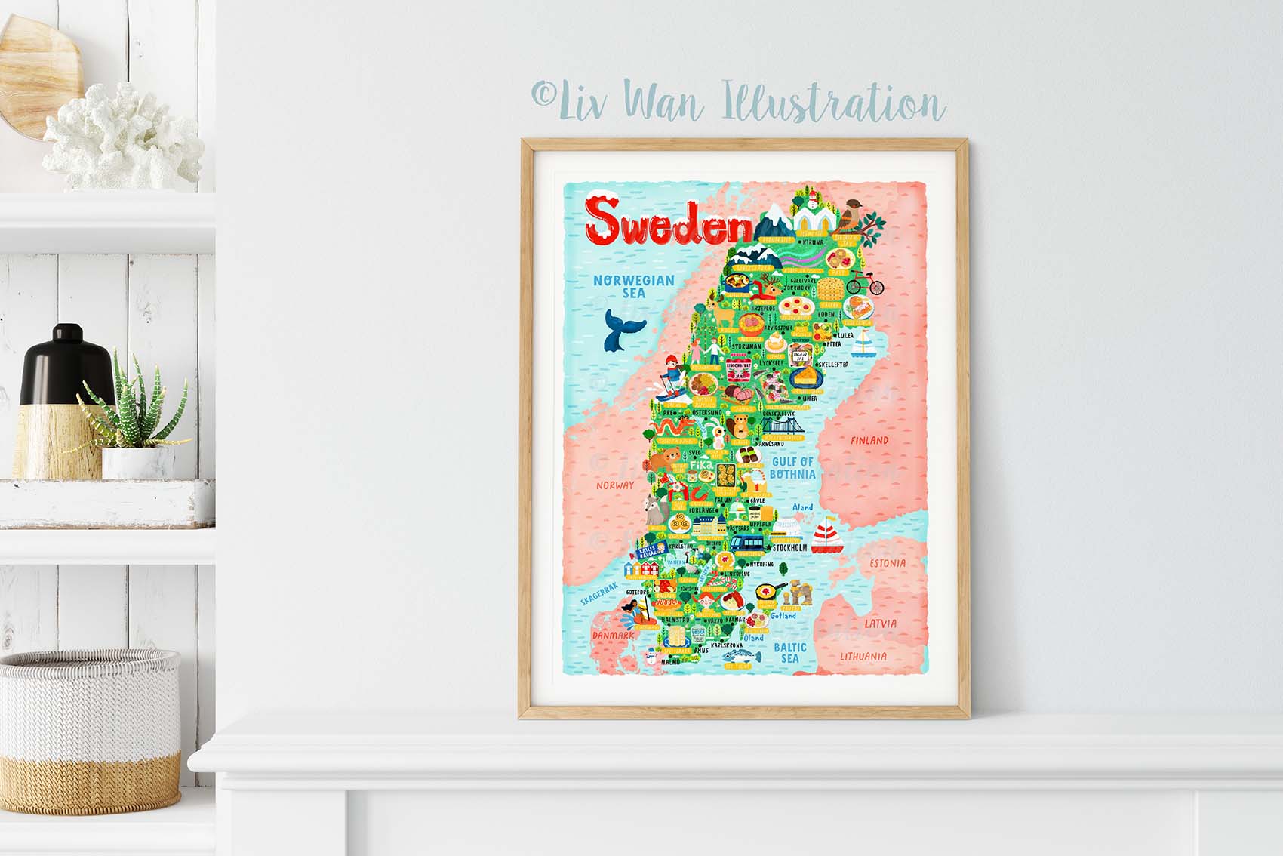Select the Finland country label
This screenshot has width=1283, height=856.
[x=869, y=440]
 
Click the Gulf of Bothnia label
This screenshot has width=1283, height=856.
[x=792, y=467]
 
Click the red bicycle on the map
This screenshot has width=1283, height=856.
[x=864, y=283]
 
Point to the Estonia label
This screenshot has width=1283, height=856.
[x=887, y=563]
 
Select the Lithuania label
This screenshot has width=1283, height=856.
[x=863, y=656]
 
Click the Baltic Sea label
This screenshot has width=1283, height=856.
[x=789, y=652]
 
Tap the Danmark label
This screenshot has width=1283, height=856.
[x=613, y=636]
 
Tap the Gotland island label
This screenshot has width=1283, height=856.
[x=783, y=616]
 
